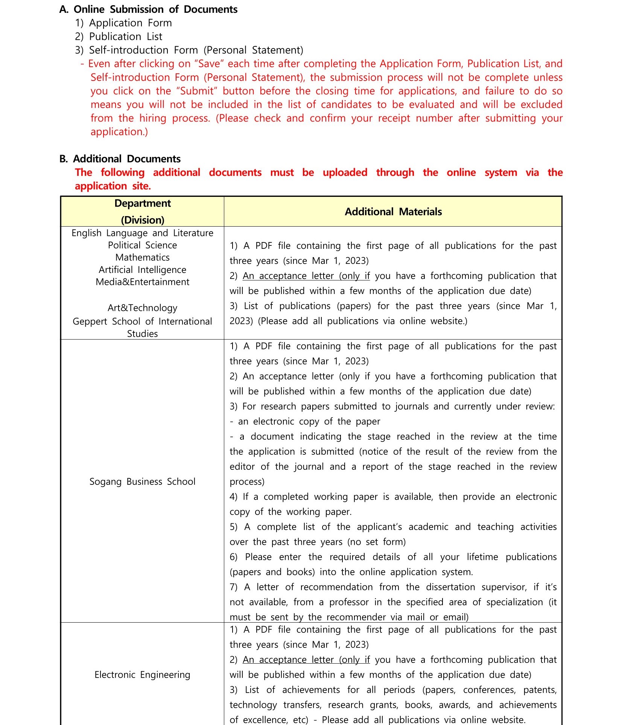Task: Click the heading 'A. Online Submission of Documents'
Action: tap(148, 9)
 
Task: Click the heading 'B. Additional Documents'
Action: tap(120, 159)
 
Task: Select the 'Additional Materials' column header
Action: tap(393, 212)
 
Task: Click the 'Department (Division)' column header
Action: tap(143, 212)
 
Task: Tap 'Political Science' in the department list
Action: tap(142, 245)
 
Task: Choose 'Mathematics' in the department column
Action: tap(142, 257)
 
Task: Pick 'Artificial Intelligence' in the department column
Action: tap(142, 270)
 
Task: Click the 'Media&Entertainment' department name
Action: tap(142, 282)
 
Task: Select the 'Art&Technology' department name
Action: tap(142, 308)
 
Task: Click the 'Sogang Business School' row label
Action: tap(142, 481)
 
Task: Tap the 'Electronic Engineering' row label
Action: tap(142, 675)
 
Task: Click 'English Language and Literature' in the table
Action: tap(142, 233)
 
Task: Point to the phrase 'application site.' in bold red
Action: tap(113, 186)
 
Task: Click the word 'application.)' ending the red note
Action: tap(119, 132)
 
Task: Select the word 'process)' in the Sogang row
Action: tap(247, 481)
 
